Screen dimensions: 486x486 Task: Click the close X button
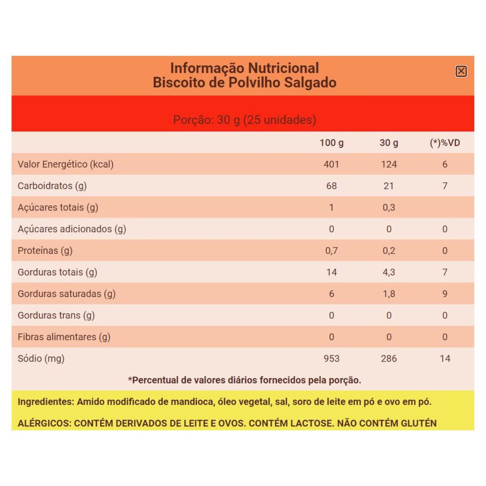[461, 71]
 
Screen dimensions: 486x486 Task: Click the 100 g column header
[331, 143]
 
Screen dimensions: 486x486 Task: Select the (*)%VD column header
[445, 143]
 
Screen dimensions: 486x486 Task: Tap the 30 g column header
[389, 143]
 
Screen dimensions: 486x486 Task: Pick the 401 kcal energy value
[331, 164]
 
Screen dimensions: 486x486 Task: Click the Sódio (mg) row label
[41, 358]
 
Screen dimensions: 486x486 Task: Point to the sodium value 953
[331, 358]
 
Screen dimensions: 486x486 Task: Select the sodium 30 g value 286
[389, 358]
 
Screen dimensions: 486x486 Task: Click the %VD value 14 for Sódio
[445, 358]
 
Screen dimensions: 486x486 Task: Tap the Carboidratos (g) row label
[52, 186]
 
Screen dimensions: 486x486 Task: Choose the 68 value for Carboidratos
[331, 186]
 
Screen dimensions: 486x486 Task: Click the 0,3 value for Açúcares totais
[389, 207]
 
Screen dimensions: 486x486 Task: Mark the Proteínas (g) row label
[45, 251]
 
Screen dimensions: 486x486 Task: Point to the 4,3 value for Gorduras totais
[389, 272]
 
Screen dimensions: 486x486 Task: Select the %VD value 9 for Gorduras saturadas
[445, 294]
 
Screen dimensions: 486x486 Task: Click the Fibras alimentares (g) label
[64, 337]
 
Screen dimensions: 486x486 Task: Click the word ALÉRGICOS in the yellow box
[44, 423]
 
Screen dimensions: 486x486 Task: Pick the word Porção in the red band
[192, 120]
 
